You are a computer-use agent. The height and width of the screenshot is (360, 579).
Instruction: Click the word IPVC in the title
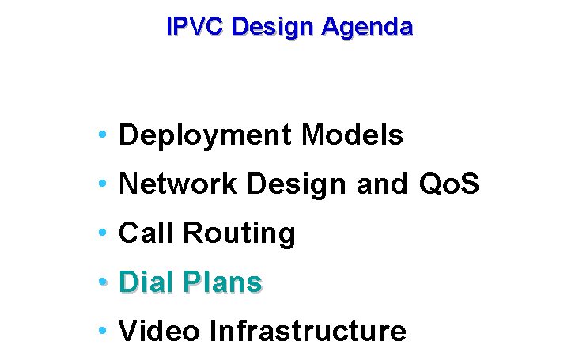point(195,26)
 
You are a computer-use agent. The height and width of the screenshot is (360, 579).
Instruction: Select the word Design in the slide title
point(272,28)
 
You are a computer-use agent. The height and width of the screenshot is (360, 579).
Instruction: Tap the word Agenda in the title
point(367,28)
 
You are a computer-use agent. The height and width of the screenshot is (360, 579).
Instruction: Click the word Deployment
point(205,136)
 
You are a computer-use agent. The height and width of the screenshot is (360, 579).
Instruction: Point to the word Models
point(352,135)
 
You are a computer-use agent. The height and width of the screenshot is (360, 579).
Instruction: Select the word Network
point(178,183)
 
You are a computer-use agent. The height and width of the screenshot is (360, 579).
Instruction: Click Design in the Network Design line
point(296,185)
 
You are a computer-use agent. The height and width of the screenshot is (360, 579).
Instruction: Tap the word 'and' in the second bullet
point(382,183)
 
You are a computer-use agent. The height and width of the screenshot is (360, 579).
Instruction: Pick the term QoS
point(449,183)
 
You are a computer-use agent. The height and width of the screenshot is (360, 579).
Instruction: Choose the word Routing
point(240,234)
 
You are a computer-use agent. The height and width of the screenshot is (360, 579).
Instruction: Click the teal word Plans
point(223,282)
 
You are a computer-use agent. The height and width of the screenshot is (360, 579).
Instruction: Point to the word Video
point(159,331)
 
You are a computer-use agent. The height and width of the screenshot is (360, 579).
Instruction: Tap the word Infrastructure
point(308,331)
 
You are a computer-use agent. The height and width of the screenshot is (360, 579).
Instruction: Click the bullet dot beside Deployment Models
point(103,134)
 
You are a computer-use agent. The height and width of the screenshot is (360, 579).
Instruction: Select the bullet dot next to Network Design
point(103,183)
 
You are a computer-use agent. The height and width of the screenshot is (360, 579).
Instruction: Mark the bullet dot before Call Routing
point(103,233)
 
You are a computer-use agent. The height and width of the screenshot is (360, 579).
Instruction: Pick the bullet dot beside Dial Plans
point(103,282)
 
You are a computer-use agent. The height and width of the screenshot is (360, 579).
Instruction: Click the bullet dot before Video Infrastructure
point(103,331)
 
